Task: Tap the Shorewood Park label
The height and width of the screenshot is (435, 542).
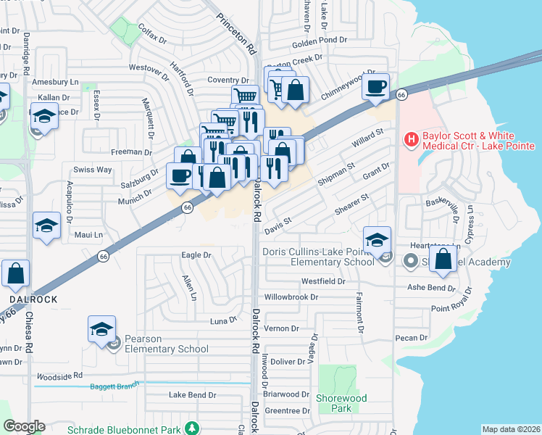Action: point(341,403)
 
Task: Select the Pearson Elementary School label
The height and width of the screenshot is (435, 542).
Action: point(166,344)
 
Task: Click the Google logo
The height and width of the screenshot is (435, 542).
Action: point(24,426)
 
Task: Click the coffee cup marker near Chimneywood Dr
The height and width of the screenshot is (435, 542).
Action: point(376,88)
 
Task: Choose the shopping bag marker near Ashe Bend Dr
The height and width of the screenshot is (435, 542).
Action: point(443,259)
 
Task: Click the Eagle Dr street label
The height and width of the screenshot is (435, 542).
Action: point(196,255)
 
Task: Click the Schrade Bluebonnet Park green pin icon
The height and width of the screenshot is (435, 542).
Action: point(191,428)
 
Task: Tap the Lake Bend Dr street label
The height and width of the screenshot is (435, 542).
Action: point(192,395)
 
